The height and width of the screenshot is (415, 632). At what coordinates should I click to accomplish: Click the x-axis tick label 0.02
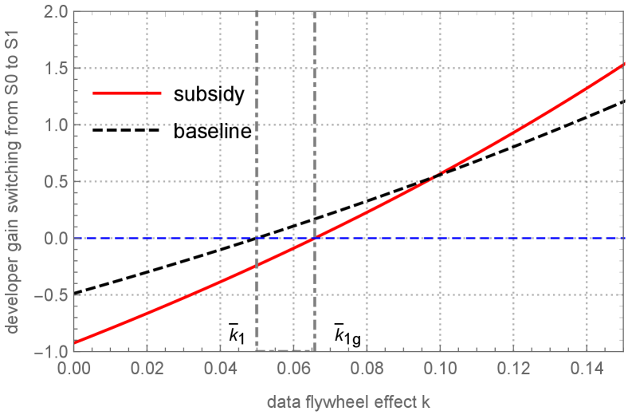click(x=147, y=369)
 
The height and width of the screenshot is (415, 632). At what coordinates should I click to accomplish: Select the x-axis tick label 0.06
click(x=293, y=369)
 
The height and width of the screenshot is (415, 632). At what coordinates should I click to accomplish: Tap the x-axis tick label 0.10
click(x=440, y=369)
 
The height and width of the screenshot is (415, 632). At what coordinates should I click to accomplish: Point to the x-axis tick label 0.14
click(x=587, y=369)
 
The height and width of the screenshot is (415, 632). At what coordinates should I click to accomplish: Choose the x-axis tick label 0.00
click(x=73, y=369)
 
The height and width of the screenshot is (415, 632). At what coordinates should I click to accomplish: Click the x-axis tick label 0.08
click(x=367, y=369)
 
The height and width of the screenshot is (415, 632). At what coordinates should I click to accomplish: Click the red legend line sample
click(x=127, y=93)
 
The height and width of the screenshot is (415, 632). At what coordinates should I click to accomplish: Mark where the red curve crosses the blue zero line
click(x=312, y=238)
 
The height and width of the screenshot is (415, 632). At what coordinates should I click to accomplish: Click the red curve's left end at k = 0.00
click(x=74, y=343)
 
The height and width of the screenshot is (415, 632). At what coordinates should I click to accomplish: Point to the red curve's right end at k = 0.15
click(x=622, y=65)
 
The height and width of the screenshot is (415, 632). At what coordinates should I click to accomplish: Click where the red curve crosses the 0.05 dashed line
click(x=257, y=265)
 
